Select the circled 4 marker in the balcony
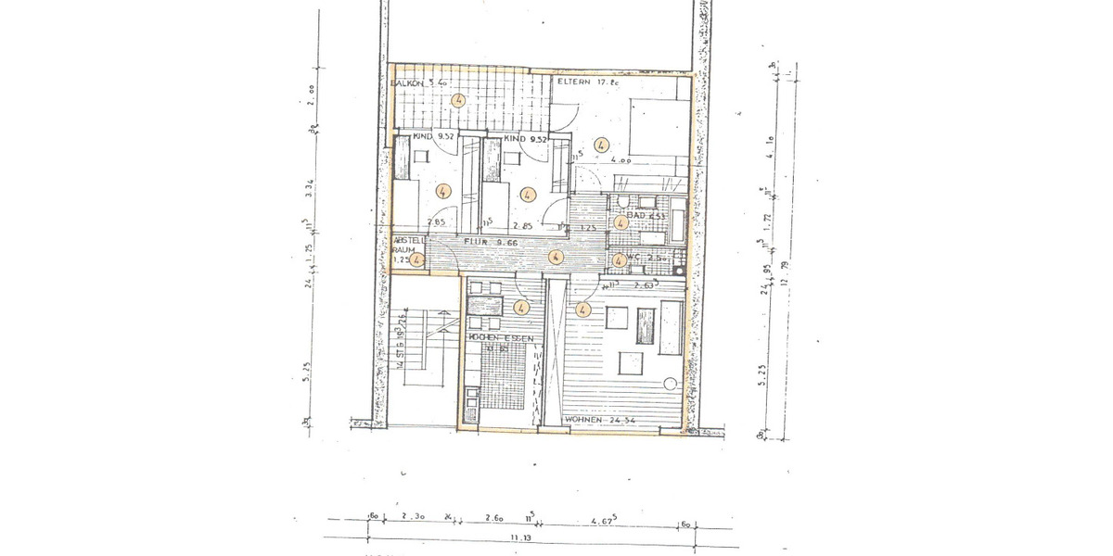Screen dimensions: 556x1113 pos(458,101)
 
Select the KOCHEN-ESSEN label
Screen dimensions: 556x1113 pos(502,339)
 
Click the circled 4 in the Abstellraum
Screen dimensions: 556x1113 pos(418,260)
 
